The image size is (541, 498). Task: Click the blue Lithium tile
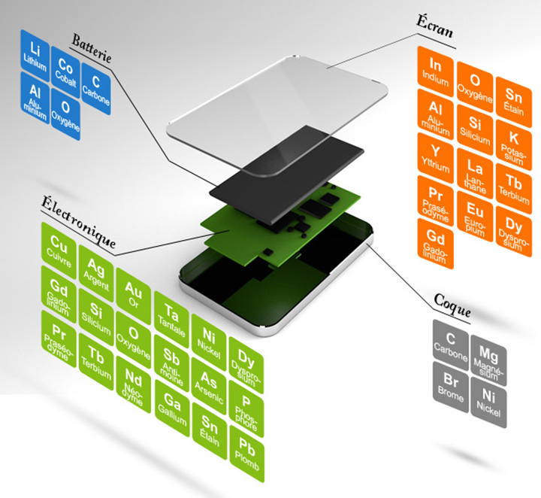(35, 53)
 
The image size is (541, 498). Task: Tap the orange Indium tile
(435, 71)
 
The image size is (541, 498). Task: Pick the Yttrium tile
(435, 158)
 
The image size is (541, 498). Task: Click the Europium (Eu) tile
(475, 216)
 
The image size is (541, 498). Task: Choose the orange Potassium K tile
(514, 144)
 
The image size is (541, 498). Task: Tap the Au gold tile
(133, 296)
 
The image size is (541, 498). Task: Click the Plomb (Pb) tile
(246, 454)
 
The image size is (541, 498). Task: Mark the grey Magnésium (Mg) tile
(488, 360)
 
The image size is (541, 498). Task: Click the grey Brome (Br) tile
(451, 387)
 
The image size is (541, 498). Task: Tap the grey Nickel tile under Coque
(488, 402)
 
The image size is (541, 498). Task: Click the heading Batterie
(92, 49)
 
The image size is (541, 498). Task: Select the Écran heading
(434, 26)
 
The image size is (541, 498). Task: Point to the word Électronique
(78, 221)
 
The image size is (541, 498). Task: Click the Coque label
(452, 305)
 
